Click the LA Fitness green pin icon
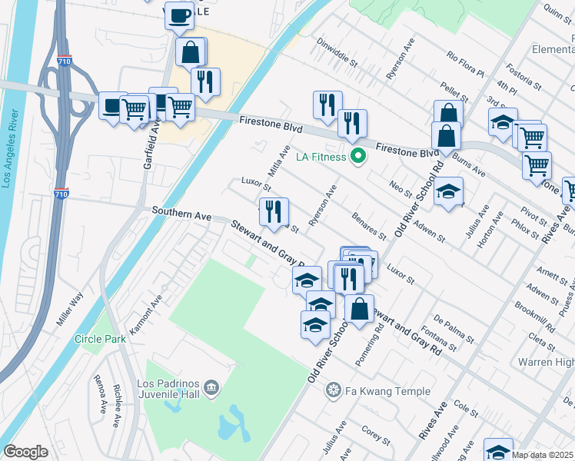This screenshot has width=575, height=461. coord(357,158)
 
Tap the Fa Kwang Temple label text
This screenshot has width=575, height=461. coord(387,391)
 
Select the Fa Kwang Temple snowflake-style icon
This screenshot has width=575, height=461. coord(333,391)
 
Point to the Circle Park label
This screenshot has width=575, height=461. coord(100,339)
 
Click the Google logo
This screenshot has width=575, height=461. coord(25,452)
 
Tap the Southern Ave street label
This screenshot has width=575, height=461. coord(181,213)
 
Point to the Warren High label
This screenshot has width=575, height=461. coord(546,361)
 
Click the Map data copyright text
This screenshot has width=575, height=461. coord(543,455)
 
